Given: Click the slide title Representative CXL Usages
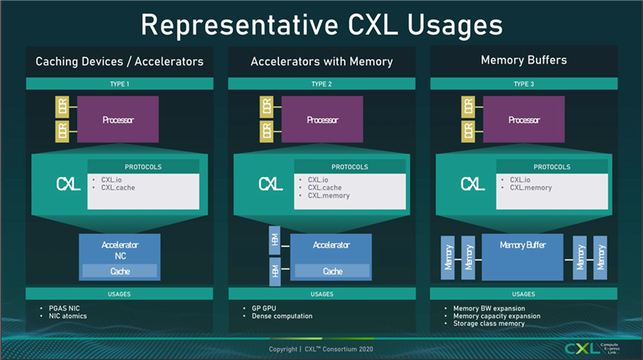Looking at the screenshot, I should (321, 23).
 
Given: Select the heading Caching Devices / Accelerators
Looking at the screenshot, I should (118, 60).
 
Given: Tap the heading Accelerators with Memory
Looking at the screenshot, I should (321, 60).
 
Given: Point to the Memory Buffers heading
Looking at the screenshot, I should (523, 60).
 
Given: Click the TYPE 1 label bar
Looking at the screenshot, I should (119, 83).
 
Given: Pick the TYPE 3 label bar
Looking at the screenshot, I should (523, 83).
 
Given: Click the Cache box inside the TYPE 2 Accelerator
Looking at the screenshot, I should (332, 271).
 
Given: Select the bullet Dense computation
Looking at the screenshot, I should (276, 316).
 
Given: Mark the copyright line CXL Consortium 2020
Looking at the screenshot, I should (321, 350).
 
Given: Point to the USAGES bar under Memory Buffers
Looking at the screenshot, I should (523, 293).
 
